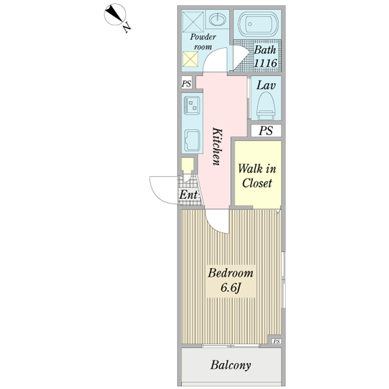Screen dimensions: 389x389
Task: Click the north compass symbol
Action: tap(115, 14)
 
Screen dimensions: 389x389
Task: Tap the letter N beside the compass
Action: tap(127, 27)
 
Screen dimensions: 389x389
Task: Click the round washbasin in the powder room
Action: tap(217, 19)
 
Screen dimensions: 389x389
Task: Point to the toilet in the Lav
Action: tap(266, 106)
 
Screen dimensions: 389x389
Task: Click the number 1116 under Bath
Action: tap(265, 63)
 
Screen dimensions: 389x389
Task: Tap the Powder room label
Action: tap(203, 41)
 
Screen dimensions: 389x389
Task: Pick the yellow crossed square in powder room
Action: tap(190, 59)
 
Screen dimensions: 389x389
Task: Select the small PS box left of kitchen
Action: tap(187, 82)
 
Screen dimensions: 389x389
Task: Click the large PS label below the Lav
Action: tap(266, 130)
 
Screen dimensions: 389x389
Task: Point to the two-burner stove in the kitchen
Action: tap(192, 106)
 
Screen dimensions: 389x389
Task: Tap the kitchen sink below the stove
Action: tap(192, 140)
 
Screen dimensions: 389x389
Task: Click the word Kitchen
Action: tap(217, 147)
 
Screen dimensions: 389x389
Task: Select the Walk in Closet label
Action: tap(257, 176)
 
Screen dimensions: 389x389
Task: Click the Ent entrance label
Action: tap(189, 194)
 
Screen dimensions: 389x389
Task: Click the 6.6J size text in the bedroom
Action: tap(231, 288)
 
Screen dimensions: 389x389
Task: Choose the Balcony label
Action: tap(231, 365)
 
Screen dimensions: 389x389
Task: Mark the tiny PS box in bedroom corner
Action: tap(277, 342)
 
